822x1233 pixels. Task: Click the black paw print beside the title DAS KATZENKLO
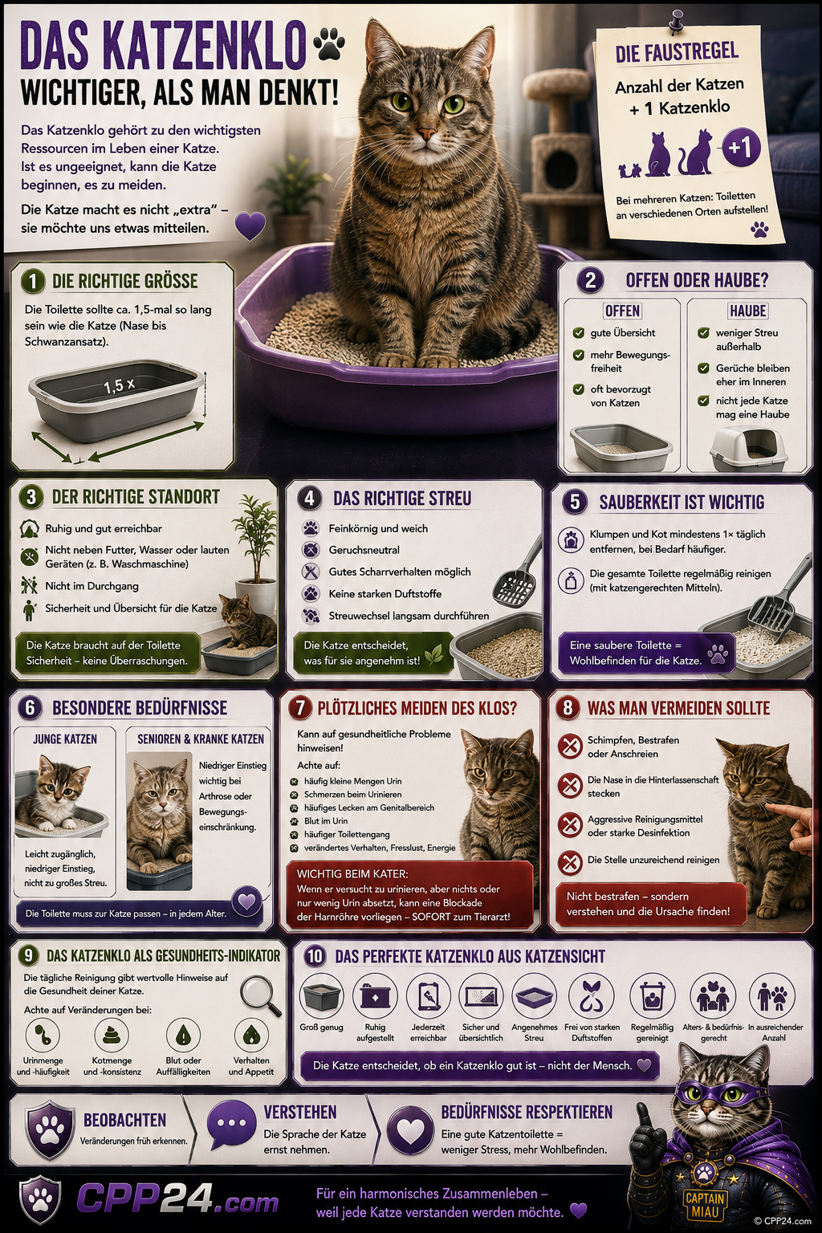[x=329, y=43]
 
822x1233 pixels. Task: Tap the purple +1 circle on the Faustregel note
[x=741, y=148]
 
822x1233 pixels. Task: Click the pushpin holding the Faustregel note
[x=676, y=21]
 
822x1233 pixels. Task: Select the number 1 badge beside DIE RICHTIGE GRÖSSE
[x=32, y=281]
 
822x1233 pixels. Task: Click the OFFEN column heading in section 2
[x=622, y=311]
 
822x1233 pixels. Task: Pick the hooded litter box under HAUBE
[x=747, y=449]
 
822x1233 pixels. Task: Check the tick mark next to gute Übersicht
[x=578, y=332]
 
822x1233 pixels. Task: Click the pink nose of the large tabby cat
[x=425, y=132]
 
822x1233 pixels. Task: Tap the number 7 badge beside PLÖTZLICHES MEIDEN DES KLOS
[x=300, y=708]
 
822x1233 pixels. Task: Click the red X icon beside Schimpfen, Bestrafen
[x=570, y=747]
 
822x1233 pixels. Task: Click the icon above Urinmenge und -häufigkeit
[x=43, y=1035]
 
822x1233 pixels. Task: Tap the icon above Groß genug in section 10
[x=321, y=995]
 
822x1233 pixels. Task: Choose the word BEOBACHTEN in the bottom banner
[x=124, y=1120]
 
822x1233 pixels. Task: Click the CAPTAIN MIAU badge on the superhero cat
[x=706, y=1204]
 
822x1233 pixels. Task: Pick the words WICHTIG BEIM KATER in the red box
[x=352, y=873]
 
